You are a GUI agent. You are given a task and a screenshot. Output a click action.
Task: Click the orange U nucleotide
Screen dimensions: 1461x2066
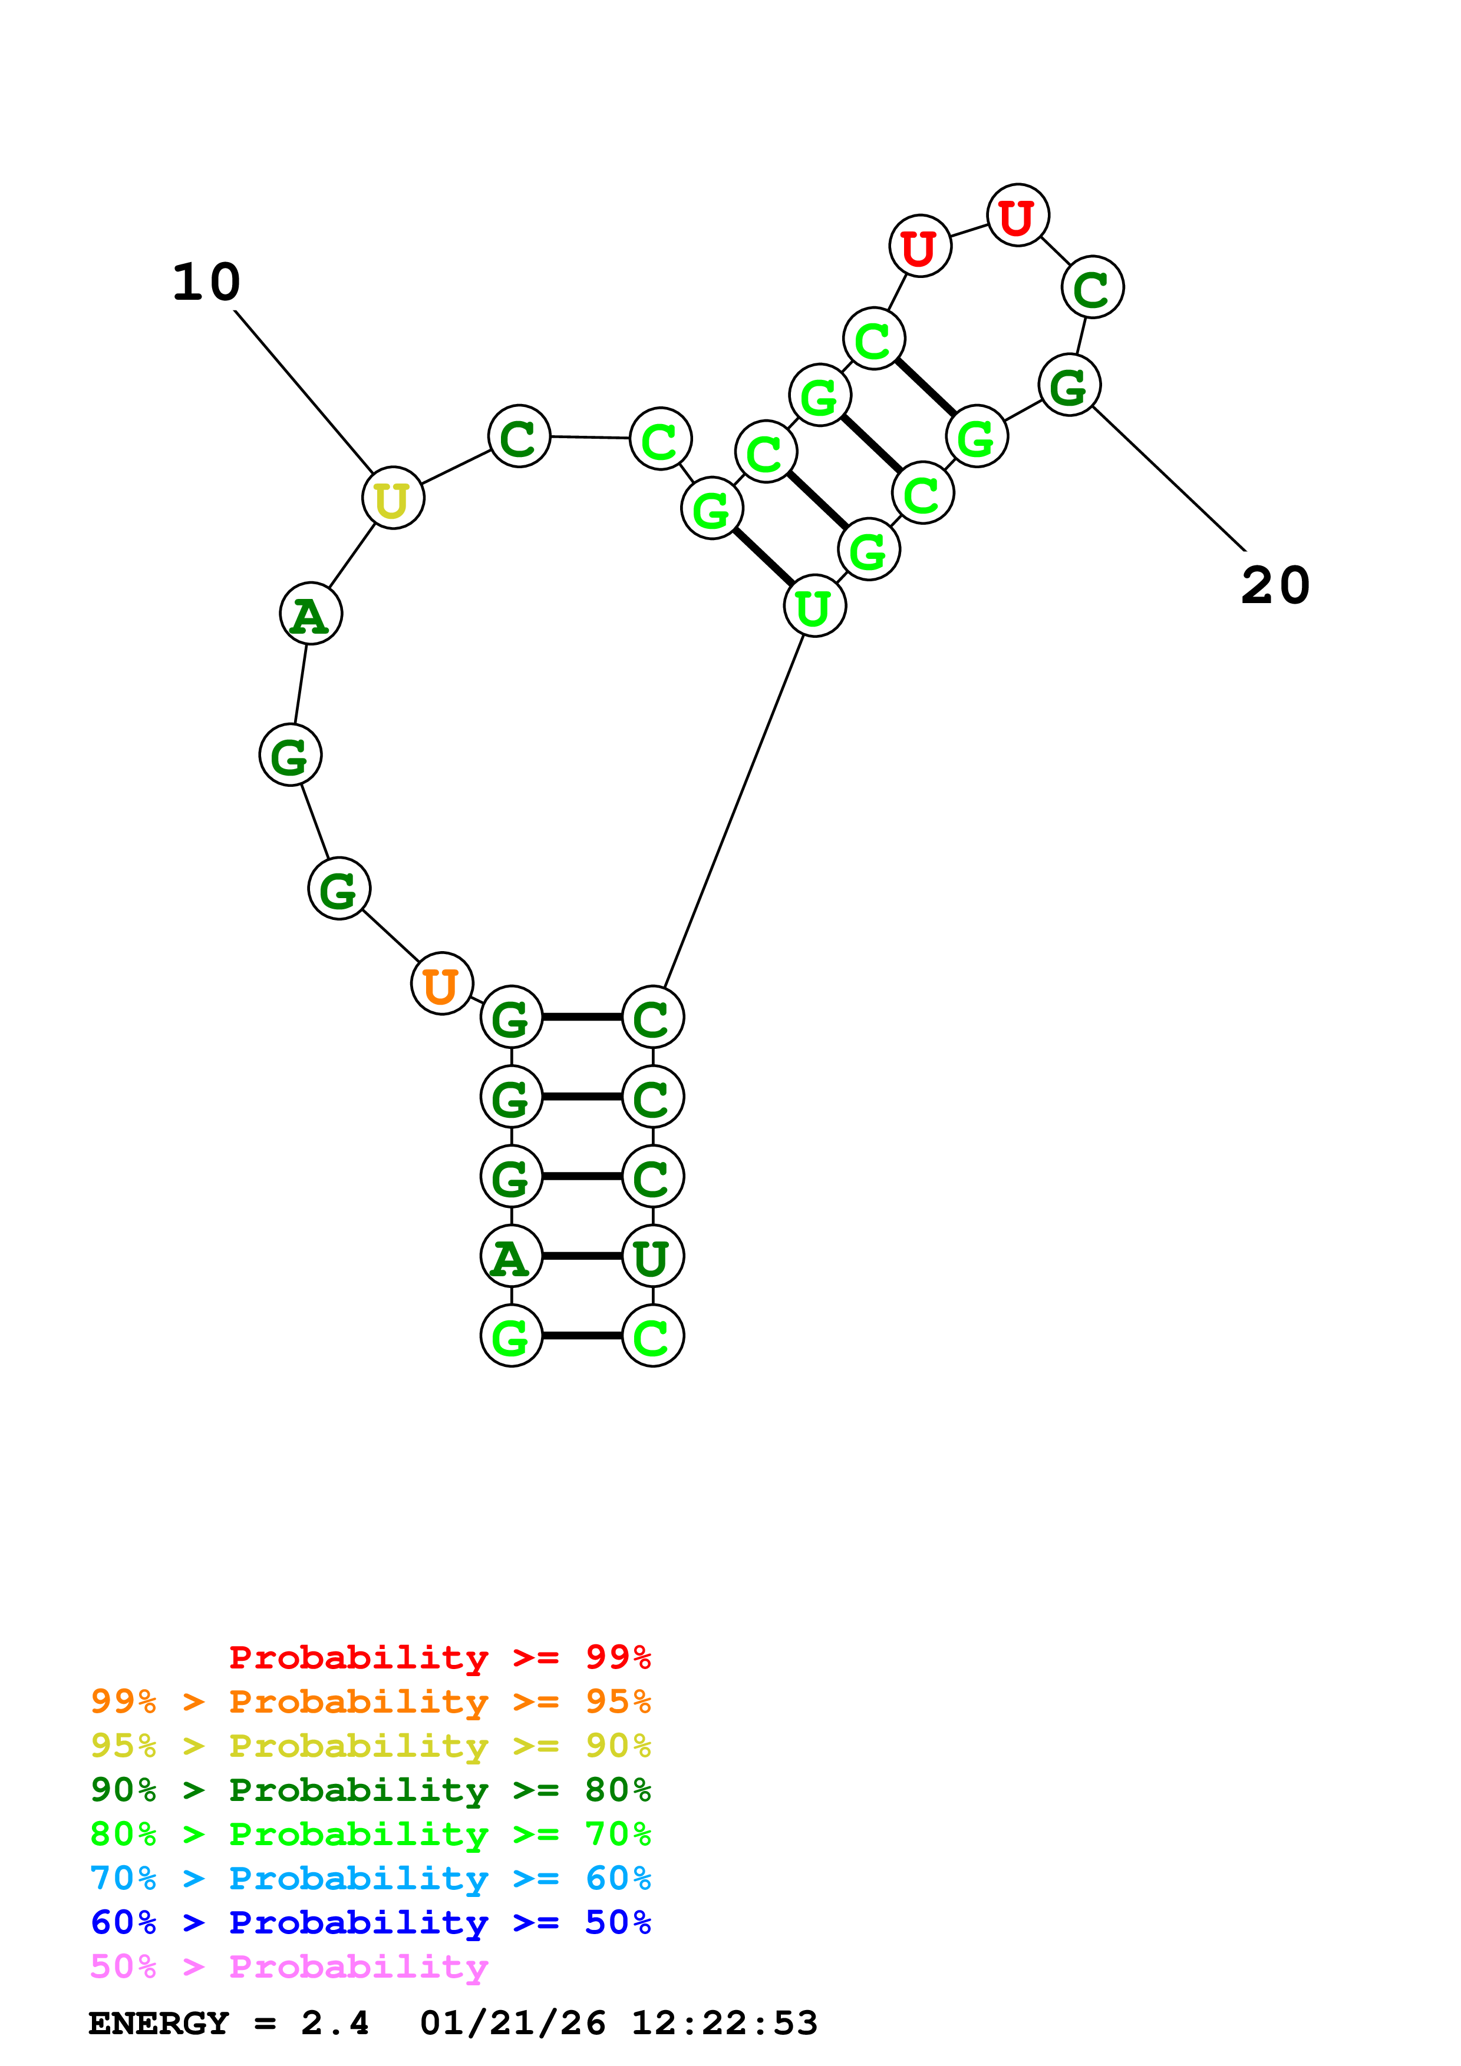pos(441,984)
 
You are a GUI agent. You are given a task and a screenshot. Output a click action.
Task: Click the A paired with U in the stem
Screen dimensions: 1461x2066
pos(512,1256)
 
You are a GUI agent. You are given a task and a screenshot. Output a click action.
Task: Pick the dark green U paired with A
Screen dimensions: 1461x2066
pos(652,1256)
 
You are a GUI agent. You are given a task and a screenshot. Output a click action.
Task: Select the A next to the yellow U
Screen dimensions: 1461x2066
pos(311,615)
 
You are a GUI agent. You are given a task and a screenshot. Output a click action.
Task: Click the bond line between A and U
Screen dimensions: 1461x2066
pos(582,1256)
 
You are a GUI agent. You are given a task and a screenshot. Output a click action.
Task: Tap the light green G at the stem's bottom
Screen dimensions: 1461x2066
pos(512,1336)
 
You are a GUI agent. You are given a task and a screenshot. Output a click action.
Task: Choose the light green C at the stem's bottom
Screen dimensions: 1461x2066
pos(652,1336)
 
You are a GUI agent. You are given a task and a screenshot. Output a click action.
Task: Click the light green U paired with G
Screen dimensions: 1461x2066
pos(814,607)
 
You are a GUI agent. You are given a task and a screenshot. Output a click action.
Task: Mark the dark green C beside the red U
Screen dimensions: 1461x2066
pos(1092,288)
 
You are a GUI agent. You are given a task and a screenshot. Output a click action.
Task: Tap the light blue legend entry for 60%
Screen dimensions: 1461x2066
pos(370,1878)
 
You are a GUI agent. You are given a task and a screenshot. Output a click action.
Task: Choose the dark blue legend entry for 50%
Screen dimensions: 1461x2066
pos(370,1922)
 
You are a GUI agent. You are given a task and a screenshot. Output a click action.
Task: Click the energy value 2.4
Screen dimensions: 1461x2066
pos(334,2023)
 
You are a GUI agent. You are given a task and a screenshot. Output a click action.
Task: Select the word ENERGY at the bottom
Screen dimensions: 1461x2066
pos(159,2023)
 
